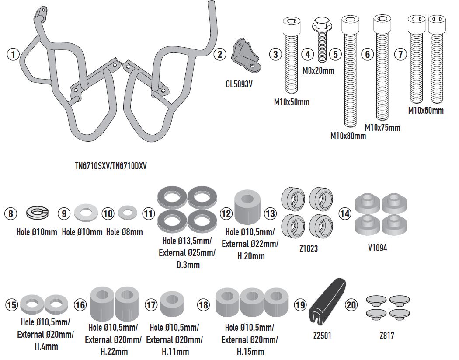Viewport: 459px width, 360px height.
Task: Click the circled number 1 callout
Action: click(14, 55)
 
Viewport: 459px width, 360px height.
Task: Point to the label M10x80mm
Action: click(348, 136)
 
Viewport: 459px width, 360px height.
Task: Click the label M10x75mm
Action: click(382, 128)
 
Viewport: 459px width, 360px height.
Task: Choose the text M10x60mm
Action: click(426, 111)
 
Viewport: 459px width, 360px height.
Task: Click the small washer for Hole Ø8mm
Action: click(128, 213)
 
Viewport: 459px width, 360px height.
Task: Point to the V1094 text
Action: click(378, 248)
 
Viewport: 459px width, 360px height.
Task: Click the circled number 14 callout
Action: click(345, 213)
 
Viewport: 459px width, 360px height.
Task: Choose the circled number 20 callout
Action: click(351, 305)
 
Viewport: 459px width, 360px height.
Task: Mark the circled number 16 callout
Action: click(80, 305)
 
